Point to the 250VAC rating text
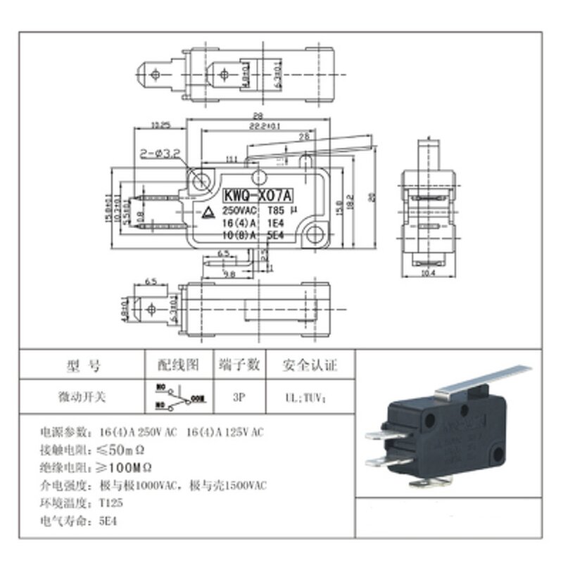pyautogui.click(x=239, y=210)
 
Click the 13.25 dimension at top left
pyautogui.click(x=162, y=125)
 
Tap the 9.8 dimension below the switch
pyautogui.click(x=230, y=273)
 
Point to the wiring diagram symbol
pyautogui.click(x=179, y=397)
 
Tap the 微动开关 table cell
pyautogui.click(x=82, y=397)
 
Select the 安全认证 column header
pyautogui.click(x=310, y=365)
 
